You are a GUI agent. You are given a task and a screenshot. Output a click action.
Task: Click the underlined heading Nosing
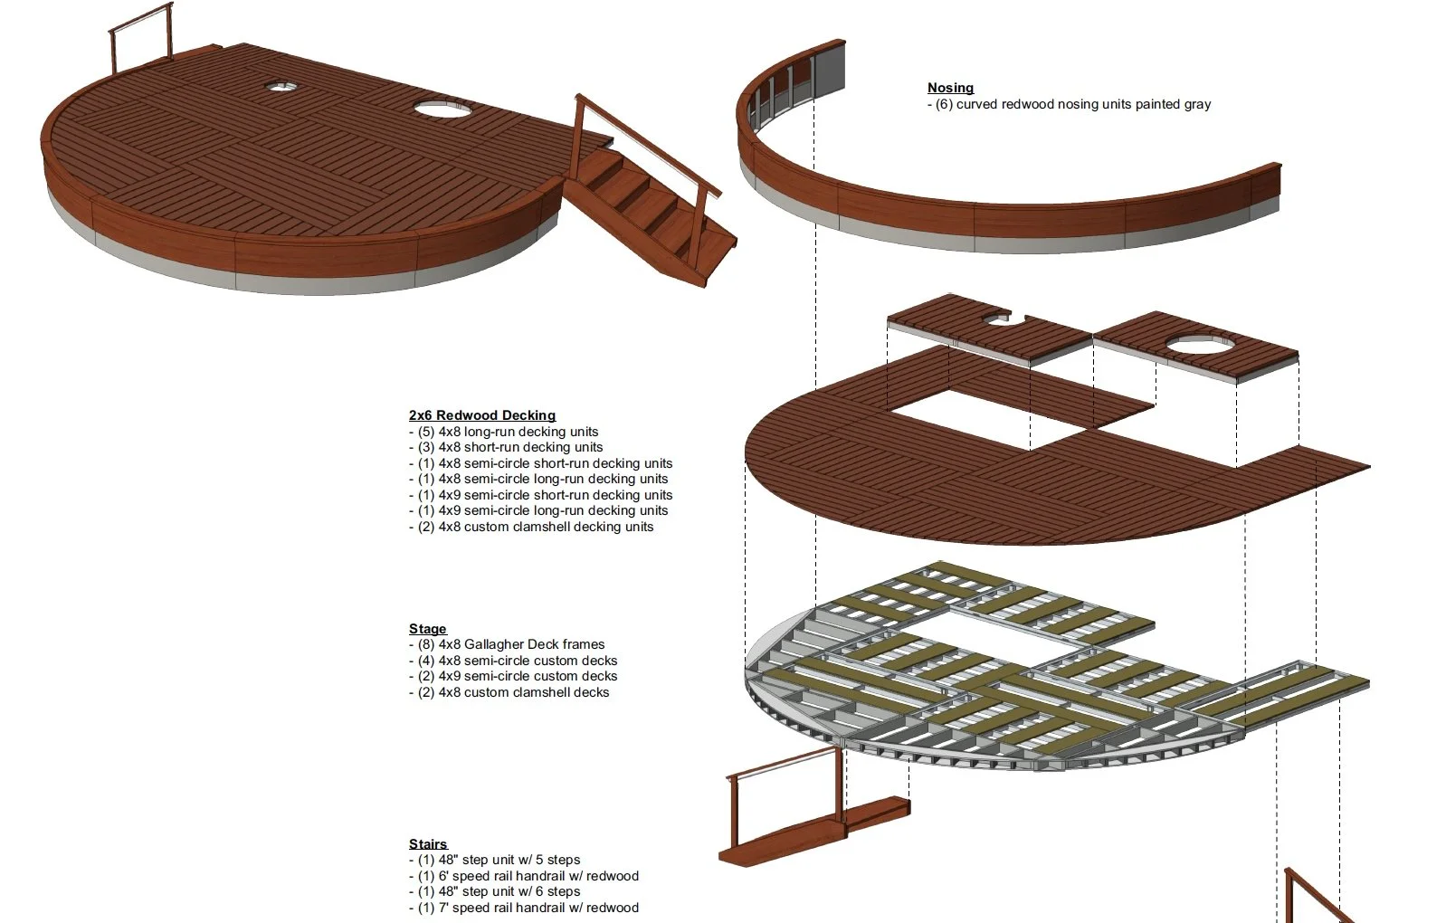click(950, 88)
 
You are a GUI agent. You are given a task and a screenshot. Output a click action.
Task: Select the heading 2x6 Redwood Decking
click(481, 415)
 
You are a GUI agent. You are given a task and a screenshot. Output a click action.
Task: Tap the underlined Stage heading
click(427, 629)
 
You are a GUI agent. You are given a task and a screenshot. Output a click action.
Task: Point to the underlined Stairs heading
click(428, 844)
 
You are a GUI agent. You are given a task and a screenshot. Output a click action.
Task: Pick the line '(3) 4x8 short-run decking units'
click(505, 447)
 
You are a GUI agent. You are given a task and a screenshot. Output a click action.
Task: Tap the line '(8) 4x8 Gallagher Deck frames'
click(507, 644)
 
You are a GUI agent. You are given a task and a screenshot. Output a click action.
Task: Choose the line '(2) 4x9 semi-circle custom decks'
click(513, 676)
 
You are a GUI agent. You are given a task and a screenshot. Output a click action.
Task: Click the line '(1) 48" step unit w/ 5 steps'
click(494, 860)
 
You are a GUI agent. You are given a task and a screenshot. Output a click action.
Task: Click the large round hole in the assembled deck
click(442, 109)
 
